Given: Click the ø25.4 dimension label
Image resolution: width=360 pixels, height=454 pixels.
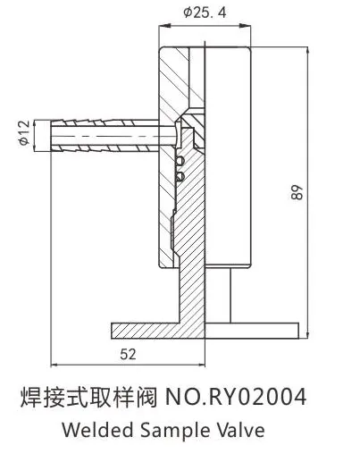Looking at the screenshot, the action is (205, 13).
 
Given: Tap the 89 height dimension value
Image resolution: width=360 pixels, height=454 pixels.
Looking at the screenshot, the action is (297, 192).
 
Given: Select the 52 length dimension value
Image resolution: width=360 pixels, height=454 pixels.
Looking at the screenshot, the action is (128, 354).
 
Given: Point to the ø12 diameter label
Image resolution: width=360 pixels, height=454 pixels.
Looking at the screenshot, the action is (25, 132).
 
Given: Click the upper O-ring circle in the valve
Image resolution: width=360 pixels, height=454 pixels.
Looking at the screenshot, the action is (180, 161).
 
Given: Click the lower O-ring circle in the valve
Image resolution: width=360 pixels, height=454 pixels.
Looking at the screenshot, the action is (180, 177).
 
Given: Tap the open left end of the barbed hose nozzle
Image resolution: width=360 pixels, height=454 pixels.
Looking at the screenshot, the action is (51, 136).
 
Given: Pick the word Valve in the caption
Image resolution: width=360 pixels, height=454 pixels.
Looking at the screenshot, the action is (241, 430).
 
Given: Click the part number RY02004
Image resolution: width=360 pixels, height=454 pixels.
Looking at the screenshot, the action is (258, 397).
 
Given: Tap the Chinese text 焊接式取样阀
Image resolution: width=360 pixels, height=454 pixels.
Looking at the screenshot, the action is (88, 397).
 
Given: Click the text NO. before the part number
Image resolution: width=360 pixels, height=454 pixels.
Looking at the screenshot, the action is (186, 397).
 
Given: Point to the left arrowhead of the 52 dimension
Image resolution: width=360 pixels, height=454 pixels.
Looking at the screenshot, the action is (54, 364).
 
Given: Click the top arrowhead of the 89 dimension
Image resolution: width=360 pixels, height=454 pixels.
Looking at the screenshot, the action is (307, 50).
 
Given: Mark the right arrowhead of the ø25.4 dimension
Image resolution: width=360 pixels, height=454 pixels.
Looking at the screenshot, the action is (247, 26).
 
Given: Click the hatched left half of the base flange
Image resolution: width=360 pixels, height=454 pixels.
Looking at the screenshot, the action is (158, 331).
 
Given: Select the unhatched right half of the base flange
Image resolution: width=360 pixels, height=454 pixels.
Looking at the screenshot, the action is (252, 331).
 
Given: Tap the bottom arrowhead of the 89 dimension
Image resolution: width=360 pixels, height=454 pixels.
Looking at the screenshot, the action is (307, 335).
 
